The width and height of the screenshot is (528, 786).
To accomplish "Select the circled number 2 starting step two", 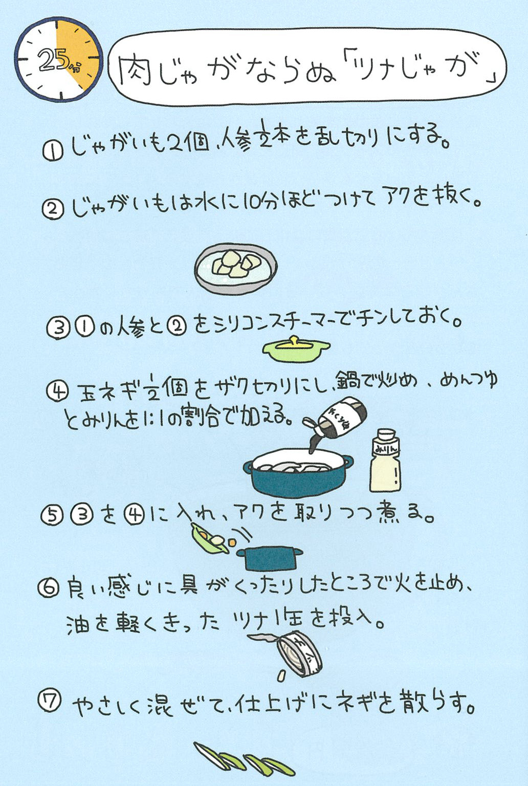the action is [x=53, y=211].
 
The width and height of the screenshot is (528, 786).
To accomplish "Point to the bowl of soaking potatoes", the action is [x=236, y=269].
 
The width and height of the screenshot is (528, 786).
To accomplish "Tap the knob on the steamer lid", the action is [x=294, y=340].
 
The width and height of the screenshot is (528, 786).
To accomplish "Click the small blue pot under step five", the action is [x=270, y=558].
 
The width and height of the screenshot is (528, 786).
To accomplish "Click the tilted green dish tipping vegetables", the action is [x=210, y=539].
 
